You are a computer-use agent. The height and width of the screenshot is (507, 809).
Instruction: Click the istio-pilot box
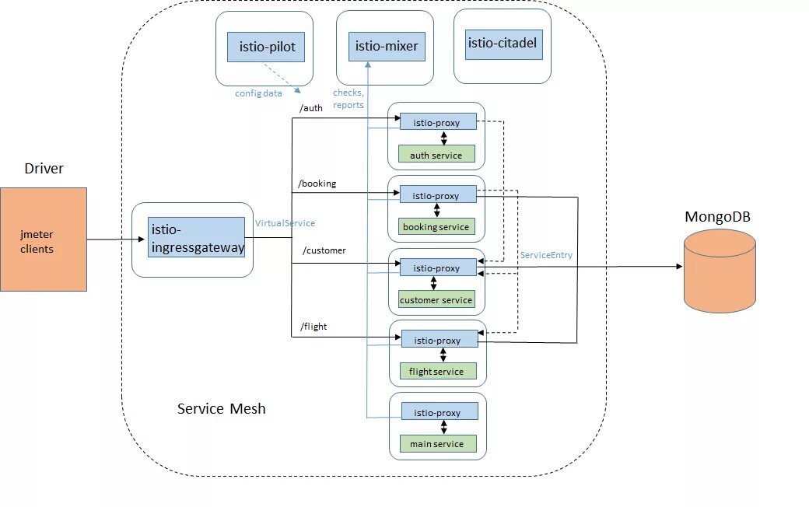(x=266, y=47)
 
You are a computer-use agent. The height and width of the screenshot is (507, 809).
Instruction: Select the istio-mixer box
(x=386, y=47)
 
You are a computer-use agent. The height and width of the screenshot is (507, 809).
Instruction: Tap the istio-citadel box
(x=503, y=44)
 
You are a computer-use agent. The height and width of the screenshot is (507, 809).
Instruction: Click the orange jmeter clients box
(x=43, y=239)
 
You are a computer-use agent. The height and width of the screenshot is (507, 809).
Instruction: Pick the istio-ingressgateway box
(x=196, y=237)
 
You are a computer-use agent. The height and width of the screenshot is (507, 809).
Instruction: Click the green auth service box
(x=436, y=155)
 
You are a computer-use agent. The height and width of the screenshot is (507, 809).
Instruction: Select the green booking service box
(x=436, y=227)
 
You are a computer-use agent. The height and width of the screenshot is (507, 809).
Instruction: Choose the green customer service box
(x=436, y=299)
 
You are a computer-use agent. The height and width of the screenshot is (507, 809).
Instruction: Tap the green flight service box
(x=436, y=372)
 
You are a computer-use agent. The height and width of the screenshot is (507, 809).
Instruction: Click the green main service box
(x=436, y=444)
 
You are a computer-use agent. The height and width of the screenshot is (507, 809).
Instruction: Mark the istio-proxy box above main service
(x=437, y=412)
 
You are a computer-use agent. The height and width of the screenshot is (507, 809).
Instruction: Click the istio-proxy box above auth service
(x=436, y=122)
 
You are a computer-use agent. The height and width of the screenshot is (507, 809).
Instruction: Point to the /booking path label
(x=317, y=184)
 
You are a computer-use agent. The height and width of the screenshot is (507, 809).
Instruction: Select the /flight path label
(x=313, y=327)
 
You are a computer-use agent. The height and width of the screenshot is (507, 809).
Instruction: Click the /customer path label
(x=324, y=250)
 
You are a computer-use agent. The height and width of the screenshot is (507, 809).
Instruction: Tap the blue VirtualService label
(x=285, y=223)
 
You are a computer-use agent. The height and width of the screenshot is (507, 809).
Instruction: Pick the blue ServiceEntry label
(x=546, y=255)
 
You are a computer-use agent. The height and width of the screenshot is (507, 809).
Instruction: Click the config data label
(x=258, y=93)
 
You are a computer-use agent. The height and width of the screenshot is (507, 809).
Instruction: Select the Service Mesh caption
(x=221, y=408)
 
